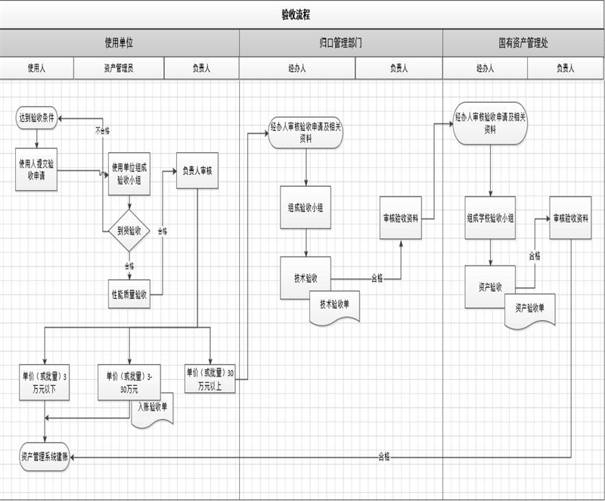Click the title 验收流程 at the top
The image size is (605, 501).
click(295, 14)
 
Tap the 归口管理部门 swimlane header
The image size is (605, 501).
click(340, 43)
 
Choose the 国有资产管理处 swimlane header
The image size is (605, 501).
click(523, 43)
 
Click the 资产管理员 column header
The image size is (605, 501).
click(119, 68)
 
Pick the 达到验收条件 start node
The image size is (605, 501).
click(37, 118)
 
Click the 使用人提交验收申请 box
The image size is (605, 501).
click(36, 169)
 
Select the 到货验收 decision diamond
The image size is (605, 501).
click(129, 231)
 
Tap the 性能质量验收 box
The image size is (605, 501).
click(129, 294)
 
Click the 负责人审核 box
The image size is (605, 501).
click(197, 171)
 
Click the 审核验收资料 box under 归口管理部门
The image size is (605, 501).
click(401, 218)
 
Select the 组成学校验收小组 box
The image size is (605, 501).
click(490, 218)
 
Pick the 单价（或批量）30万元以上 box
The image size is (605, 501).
click(210, 379)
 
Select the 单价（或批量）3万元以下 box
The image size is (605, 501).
click(44, 381)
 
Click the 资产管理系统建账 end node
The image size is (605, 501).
click(45, 456)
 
